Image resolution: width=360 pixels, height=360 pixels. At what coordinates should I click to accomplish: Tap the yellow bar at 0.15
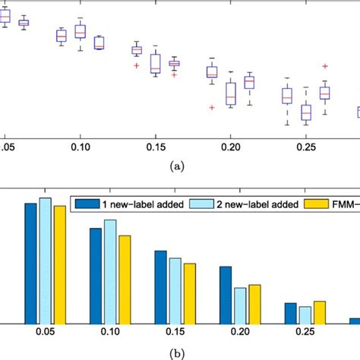(190, 293)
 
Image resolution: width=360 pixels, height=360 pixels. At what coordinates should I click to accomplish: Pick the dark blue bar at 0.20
(226, 295)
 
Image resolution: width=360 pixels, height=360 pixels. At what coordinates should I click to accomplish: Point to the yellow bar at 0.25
(320, 312)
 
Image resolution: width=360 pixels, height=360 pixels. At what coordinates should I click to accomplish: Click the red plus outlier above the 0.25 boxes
(325, 67)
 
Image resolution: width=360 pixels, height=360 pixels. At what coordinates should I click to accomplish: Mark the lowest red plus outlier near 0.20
(212, 108)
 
